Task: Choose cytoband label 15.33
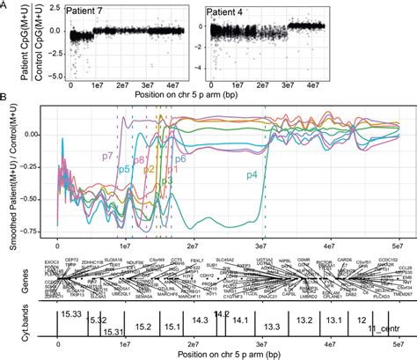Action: pyautogui.click(x=72, y=312)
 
